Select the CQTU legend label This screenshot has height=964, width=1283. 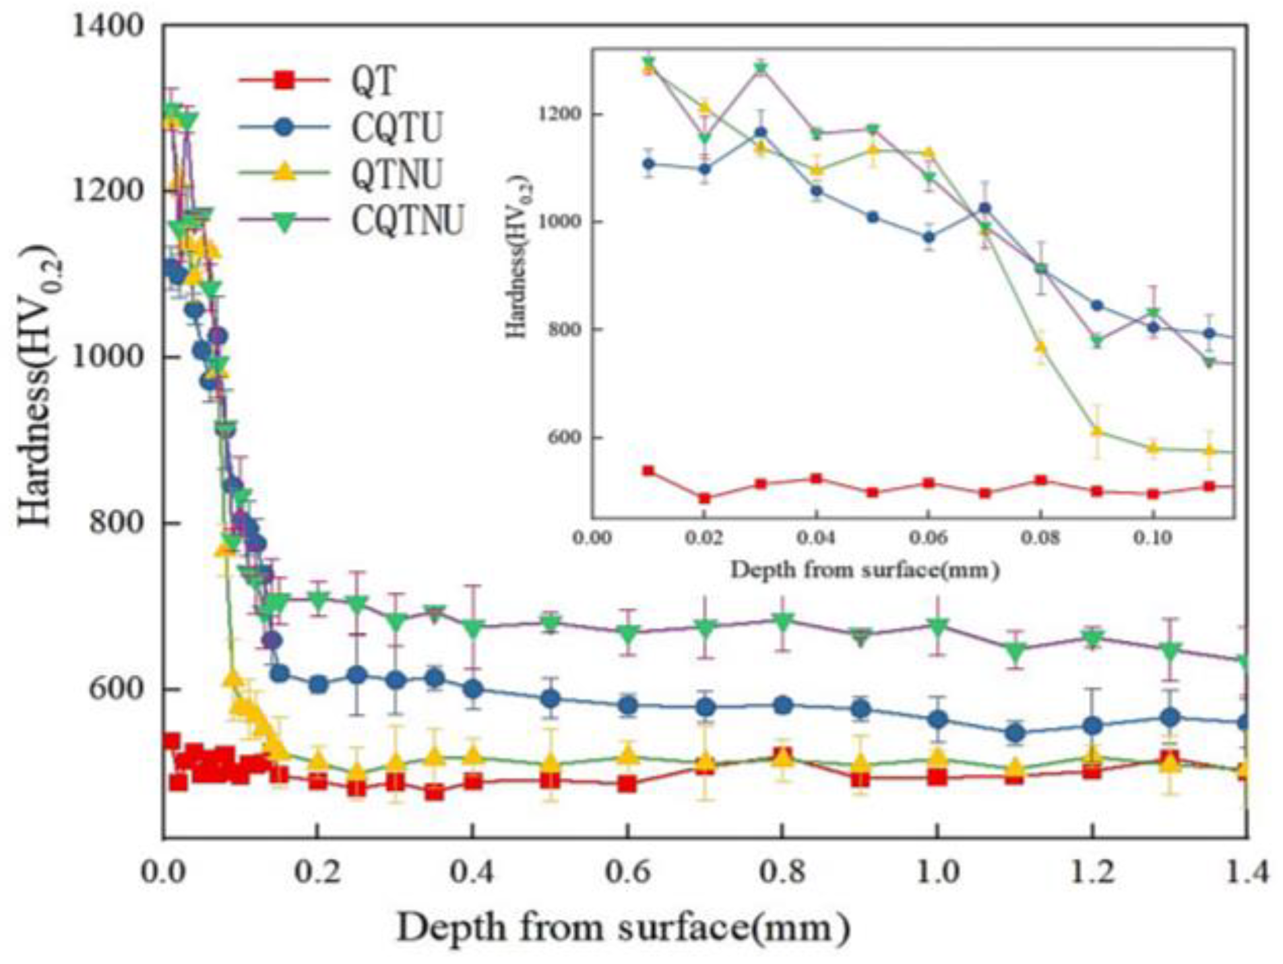tap(396, 127)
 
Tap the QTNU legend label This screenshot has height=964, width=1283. tap(396, 173)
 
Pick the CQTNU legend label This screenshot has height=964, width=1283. tap(408, 220)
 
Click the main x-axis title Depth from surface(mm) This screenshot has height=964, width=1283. tap(623, 929)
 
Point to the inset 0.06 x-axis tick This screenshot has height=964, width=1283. tap(929, 539)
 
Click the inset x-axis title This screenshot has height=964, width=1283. tap(865, 571)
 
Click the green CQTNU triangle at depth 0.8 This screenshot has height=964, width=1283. tap(782, 621)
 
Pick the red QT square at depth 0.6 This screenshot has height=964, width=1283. tap(627, 784)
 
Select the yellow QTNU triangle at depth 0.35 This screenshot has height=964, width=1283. tap(435, 756)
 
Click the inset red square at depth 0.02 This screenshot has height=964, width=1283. tap(705, 499)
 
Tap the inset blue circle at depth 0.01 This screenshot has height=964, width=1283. tap(649, 164)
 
